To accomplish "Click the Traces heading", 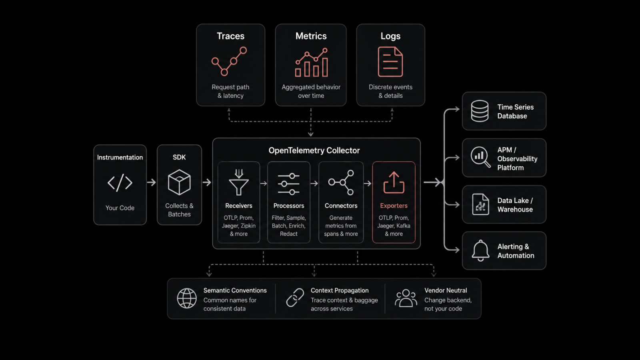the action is pyautogui.click(x=230, y=36).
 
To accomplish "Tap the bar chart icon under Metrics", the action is pyautogui.click(x=312, y=62).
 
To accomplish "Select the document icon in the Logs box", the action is pyautogui.click(x=390, y=62).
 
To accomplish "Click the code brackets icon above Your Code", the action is pyautogui.click(x=120, y=182).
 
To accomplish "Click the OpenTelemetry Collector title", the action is pyautogui.click(x=314, y=150).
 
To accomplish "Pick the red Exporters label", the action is pyautogui.click(x=394, y=206).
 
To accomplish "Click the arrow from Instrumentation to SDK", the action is pyautogui.click(x=152, y=182).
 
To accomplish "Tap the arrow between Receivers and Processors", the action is pyautogui.click(x=264, y=183).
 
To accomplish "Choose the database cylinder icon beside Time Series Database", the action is pyautogui.click(x=480, y=111).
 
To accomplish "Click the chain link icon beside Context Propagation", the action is pyautogui.click(x=295, y=298).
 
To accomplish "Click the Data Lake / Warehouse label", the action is pyautogui.click(x=515, y=205).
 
